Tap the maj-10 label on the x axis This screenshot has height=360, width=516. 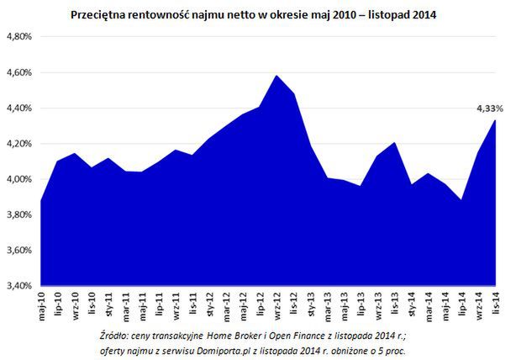[x=41, y=303]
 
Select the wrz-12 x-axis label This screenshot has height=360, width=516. [x=276, y=303]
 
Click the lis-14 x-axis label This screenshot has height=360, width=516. [x=495, y=303]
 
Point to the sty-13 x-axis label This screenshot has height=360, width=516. [x=310, y=303]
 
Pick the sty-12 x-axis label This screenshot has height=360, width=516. [x=209, y=303]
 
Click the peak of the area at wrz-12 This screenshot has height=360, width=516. [x=276, y=76]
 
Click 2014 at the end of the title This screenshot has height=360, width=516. [x=424, y=14]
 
